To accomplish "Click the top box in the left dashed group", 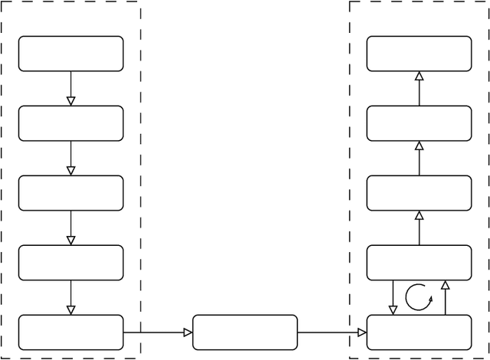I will (x=70, y=54).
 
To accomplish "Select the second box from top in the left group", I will (x=70, y=123).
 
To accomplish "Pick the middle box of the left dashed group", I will (x=70, y=193).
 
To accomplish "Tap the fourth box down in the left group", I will (x=70, y=263).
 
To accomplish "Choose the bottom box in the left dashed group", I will (x=70, y=332).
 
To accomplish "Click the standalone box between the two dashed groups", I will (x=245, y=332).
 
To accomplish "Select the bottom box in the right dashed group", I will (x=419, y=332).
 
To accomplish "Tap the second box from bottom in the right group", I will (x=419, y=263).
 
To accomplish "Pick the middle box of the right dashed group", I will (x=419, y=193).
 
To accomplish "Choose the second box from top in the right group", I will (x=419, y=123).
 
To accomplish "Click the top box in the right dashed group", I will (x=419, y=54).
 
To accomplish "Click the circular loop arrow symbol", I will (x=419, y=297).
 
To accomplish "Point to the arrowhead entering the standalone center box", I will (x=188, y=332).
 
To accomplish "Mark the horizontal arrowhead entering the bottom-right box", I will (x=362, y=332).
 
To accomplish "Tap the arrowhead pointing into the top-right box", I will (x=419, y=76).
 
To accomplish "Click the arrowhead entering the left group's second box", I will (x=70, y=101).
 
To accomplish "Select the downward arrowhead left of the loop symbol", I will (x=393, y=310).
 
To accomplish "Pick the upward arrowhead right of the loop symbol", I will (x=445, y=285).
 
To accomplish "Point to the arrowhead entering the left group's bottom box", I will (x=70, y=310).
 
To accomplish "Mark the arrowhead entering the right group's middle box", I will (x=419, y=215).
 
